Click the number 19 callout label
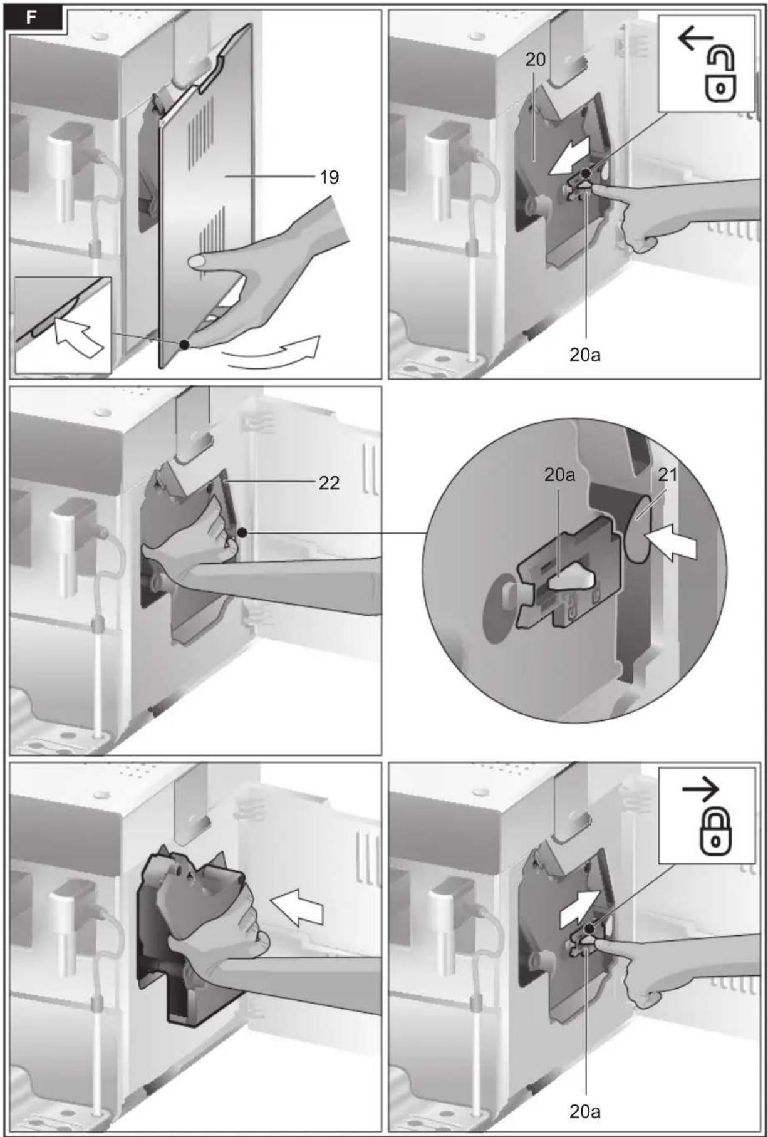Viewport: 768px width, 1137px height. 330,177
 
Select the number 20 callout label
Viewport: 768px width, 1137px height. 536,60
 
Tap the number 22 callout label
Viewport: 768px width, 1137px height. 330,483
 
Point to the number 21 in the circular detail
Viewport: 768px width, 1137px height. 668,475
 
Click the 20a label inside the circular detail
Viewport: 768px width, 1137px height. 559,475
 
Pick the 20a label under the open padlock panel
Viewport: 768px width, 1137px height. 585,355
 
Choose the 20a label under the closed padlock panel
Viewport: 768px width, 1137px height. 585,1111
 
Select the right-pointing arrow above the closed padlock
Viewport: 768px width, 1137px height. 701,791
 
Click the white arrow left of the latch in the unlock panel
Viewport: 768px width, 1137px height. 569,155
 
